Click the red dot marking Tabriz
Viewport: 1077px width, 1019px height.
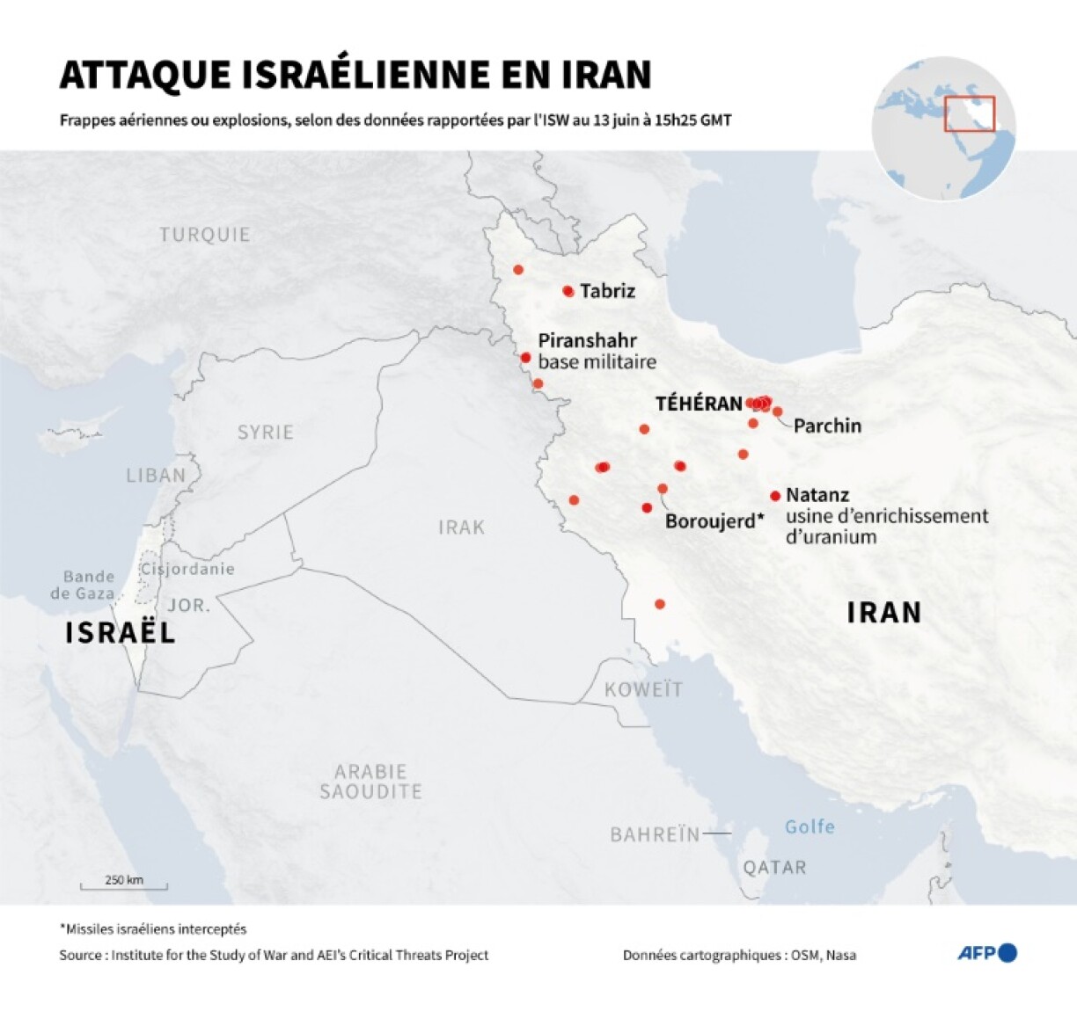click(568, 291)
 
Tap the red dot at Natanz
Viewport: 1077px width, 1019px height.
click(775, 496)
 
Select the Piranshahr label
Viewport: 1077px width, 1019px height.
click(587, 341)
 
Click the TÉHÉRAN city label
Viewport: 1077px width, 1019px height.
click(699, 404)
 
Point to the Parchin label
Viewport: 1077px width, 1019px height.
click(827, 426)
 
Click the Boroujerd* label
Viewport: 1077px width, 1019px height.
click(714, 521)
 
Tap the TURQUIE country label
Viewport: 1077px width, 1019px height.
click(205, 235)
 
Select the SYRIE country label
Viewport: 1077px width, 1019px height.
click(266, 433)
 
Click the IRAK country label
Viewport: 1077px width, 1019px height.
click(462, 528)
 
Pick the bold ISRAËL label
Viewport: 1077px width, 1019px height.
click(121, 632)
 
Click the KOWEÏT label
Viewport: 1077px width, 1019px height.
click(643, 689)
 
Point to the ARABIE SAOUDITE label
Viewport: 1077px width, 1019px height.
click(370, 782)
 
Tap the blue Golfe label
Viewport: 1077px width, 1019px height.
click(810, 826)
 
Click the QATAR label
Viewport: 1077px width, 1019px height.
click(774, 868)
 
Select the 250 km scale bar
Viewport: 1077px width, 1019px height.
click(124, 884)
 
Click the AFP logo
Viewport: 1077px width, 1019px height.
click(986, 953)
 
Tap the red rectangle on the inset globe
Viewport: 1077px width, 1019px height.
click(970, 114)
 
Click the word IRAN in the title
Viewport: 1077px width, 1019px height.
click(606, 75)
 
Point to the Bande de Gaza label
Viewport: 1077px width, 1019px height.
click(84, 585)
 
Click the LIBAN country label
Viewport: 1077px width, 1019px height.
click(156, 476)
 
